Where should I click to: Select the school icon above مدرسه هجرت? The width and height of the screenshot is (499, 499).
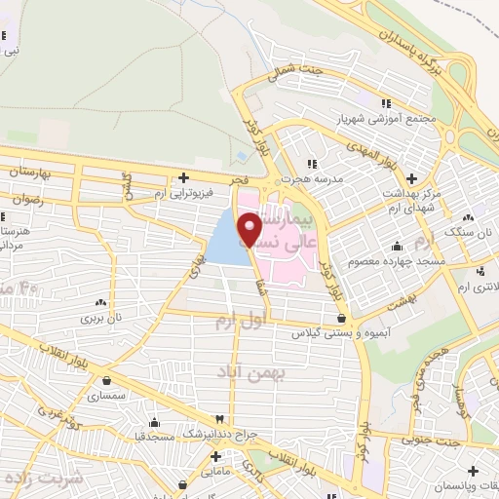(x=311, y=164)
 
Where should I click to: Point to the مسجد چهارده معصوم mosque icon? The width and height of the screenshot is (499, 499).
(x=397, y=246)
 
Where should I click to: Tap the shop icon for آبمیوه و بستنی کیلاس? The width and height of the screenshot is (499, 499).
(x=340, y=317)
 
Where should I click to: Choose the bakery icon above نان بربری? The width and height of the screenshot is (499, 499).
(x=97, y=300)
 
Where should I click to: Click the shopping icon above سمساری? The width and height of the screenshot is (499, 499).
(x=104, y=381)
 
